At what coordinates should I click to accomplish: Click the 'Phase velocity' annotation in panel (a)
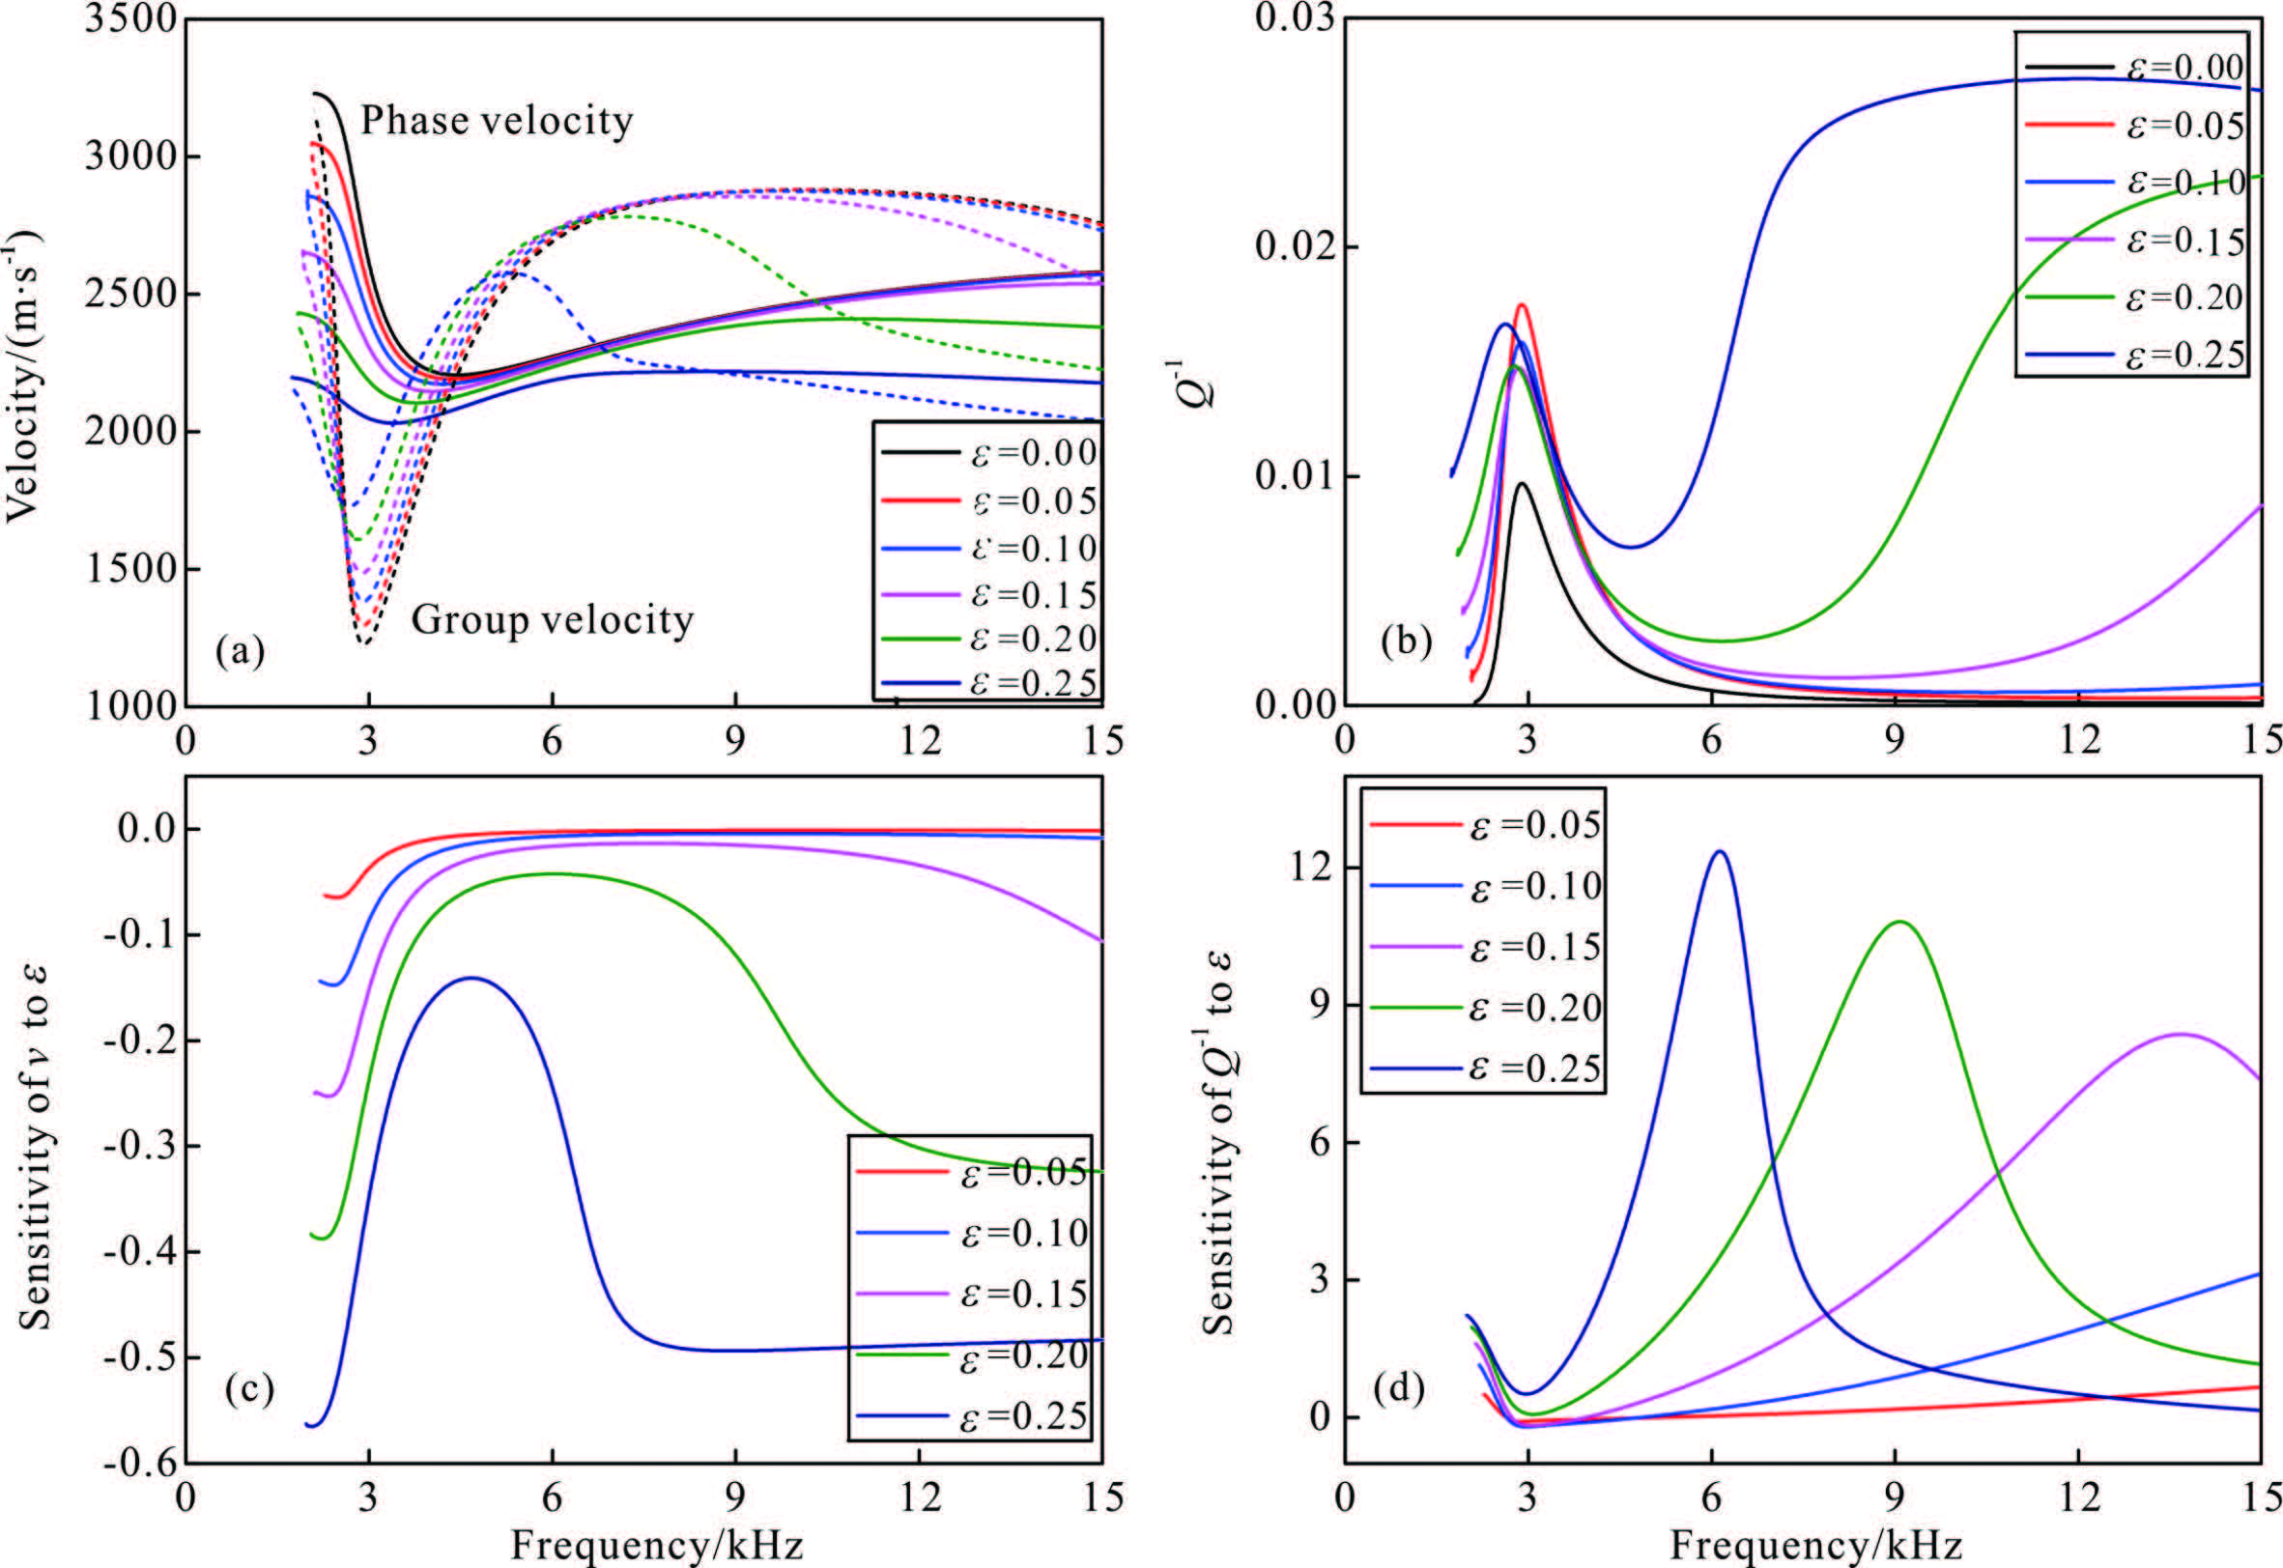[496, 121]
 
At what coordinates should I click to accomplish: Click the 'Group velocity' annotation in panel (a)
[552, 620]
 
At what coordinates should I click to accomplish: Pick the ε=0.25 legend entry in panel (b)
[2131, 354]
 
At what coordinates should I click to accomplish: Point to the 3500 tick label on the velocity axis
[128, 19]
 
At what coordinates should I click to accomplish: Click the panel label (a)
[241, 651]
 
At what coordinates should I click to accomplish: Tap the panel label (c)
[248, 1389]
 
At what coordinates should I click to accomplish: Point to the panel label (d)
[1400, 1389]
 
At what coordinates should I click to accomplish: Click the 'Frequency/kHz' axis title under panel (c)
[656, 1546]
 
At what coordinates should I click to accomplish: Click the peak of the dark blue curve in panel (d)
[1719, 852]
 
